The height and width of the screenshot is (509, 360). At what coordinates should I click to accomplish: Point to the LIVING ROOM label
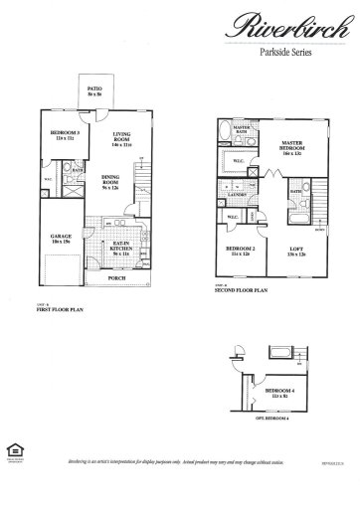point(123,139)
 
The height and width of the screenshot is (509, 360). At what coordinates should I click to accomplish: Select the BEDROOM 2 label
point(240,251)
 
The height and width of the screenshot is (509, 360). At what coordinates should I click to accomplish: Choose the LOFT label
point(297,251)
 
